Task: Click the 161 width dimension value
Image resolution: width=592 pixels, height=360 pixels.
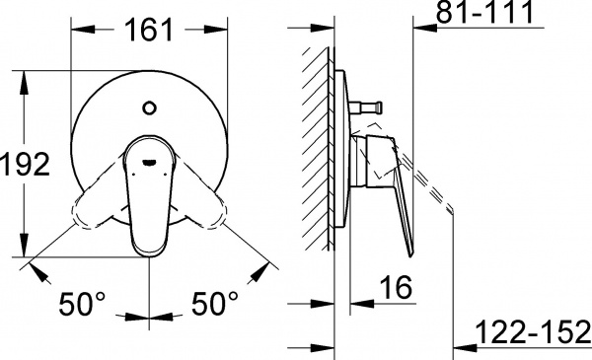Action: [x=147, y=31]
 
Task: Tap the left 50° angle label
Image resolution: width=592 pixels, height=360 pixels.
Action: [x=81, y=304]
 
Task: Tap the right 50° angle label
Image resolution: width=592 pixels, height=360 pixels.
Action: [x=213, y=304]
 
